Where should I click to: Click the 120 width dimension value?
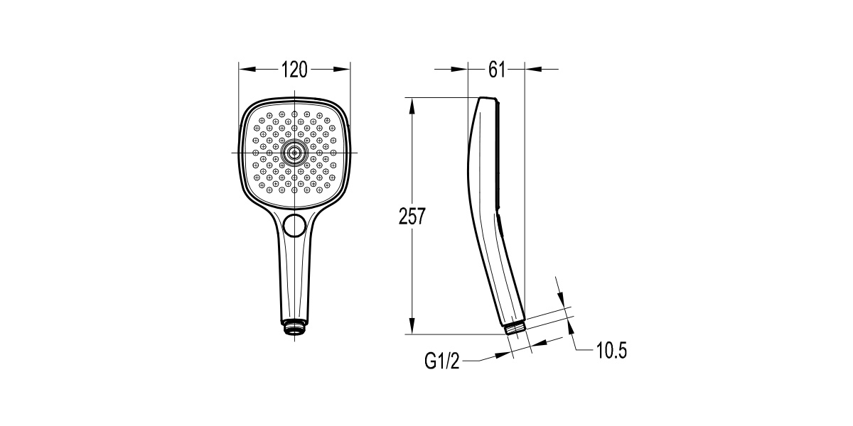pyautogui.click(x=294, y=70)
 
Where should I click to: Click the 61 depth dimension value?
pyautogui.click(x=497, y=70)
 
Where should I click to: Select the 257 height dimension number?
pyautogui.click(x=412, y=216)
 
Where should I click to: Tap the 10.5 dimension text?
pyautogui.click(x=611, y=350)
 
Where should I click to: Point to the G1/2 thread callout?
pyautogui.click(x=442, y=361)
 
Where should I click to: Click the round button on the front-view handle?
pyautogui.click(x=294, y=225)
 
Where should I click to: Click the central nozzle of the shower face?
pyautogui.click(x=294, y=153)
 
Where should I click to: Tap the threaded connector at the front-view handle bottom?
pyautogui.click(x=294, y=327)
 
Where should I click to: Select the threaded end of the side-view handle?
pyautogui.click(x=516, y=328)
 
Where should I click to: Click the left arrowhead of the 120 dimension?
pyautogui.click(x=247, y=70)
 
